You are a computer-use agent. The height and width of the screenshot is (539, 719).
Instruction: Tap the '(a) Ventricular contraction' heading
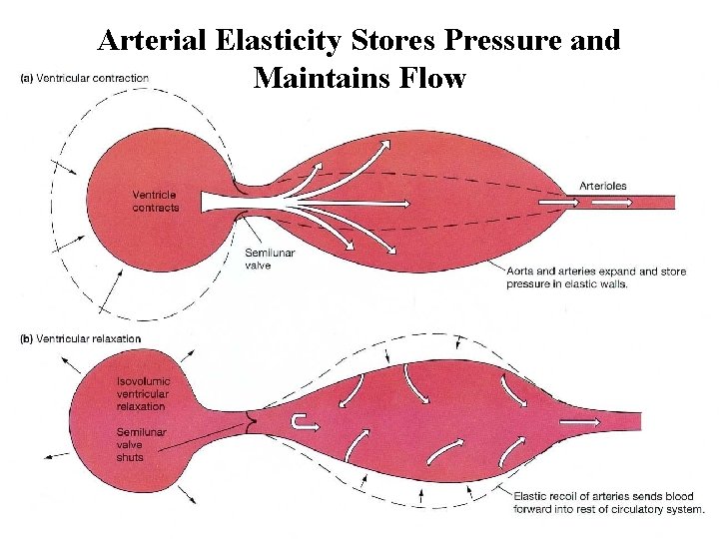click(x=85, y=78)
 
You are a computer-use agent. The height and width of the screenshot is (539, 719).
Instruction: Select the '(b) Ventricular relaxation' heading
click(x=81, y=339)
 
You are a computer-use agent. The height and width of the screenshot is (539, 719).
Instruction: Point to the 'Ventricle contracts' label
click(x=156, y=201)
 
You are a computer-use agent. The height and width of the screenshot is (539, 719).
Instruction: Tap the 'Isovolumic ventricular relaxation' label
click(x=143, y=394)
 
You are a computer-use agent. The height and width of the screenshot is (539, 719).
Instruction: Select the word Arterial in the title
click(x=144, y=41)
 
